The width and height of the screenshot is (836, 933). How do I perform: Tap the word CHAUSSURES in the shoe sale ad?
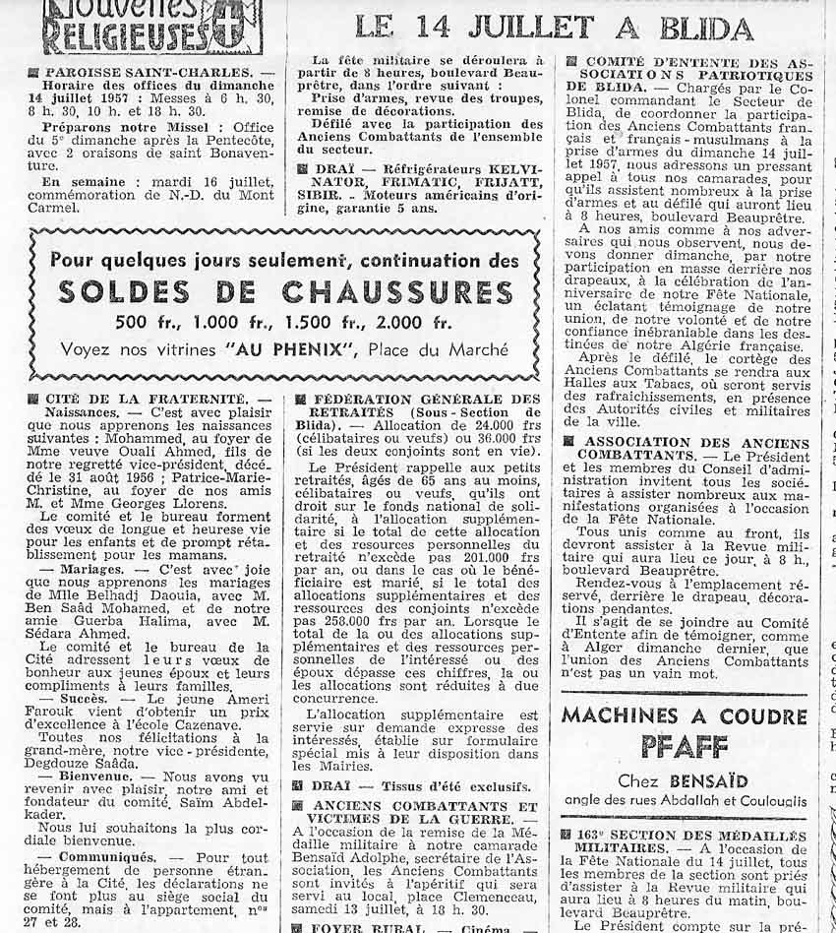397,292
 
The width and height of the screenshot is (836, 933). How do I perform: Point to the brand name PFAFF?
686,747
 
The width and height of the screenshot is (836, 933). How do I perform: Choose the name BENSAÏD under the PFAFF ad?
696,781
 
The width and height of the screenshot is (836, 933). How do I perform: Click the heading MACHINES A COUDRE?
685,715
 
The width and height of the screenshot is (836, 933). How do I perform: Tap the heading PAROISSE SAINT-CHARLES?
151,73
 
